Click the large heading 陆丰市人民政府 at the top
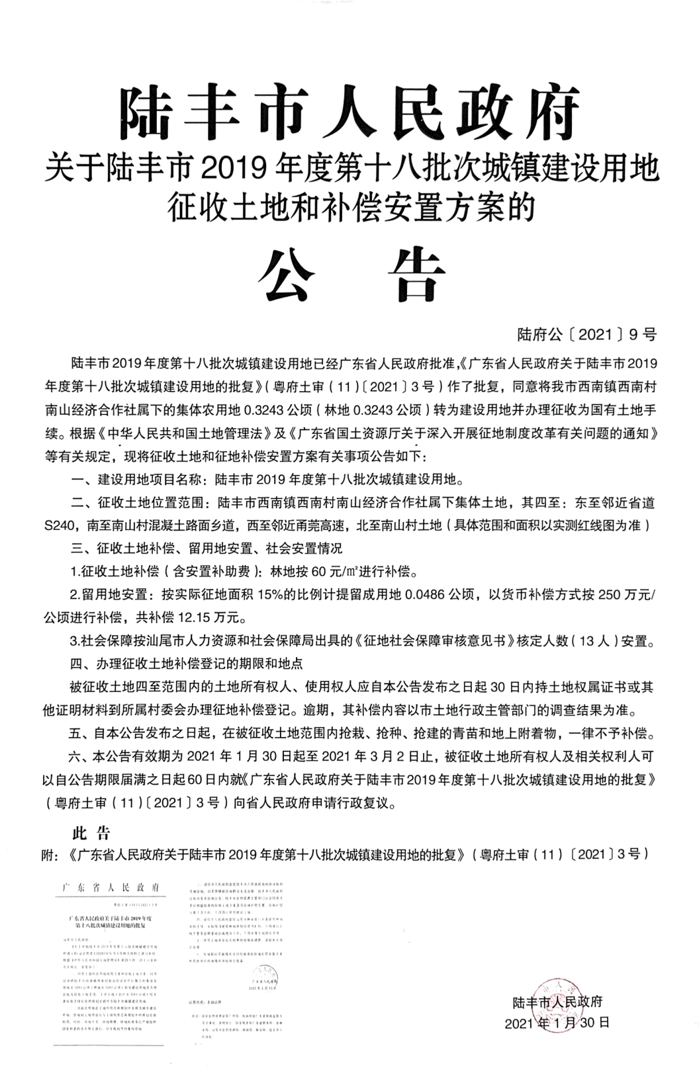coord(349,109)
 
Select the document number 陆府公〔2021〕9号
coord(587,335)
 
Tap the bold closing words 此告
coord(91,832)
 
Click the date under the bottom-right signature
coord(557,1023)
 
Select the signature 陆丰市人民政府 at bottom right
coord(557,1001)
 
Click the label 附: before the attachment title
coord(55,855)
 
